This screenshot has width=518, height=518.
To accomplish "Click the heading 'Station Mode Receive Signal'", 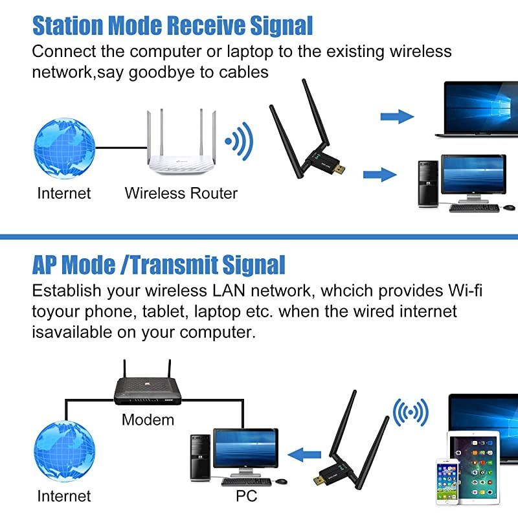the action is tap(172, 25).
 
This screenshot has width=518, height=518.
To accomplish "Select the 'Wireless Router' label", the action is tap(181, 193).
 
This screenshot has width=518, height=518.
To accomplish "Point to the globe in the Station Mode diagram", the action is tap(64, 146).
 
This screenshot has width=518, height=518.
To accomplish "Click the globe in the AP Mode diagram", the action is tap(64, 451).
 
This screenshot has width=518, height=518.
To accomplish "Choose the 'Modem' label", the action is tap(148, 420).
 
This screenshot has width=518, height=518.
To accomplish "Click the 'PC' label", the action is tap(246, 496).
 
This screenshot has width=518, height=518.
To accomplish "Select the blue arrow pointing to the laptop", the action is tap(396, 117).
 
